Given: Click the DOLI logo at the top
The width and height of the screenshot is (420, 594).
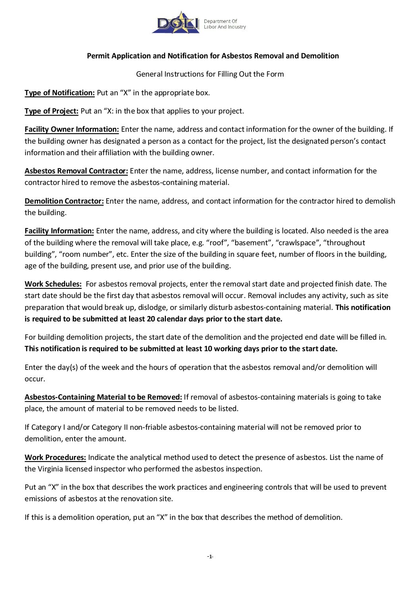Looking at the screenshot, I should pyautogui.click(x=176, y=23).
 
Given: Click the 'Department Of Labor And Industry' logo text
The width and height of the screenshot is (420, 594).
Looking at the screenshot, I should pyautogui.click(x=225, y=24).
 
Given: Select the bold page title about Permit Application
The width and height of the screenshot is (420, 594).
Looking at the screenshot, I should pyautogui.click(x=213, y=56).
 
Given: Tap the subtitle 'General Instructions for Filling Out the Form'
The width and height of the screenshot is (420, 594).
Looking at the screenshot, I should pyautogui.click(x=210, y=74).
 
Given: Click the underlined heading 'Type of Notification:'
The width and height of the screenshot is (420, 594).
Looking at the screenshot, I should pyautogui.click(x=60, y=93).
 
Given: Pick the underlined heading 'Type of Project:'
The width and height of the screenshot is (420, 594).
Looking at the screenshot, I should pyautogui.click(x=52, y=111).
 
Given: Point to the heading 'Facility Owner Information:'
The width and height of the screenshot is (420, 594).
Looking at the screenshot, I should pyautogui.click(x=72, y=129).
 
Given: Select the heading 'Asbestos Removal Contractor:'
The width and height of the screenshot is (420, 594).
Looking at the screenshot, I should pyautogui.click(x=76, y=171).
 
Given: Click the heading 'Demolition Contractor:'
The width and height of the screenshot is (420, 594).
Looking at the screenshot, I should pyautogui.click(x=64, y=201).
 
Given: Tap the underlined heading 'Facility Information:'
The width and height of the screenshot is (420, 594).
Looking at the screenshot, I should pyautogui.click(x=59, y=231).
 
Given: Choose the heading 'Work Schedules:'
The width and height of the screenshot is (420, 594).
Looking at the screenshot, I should pyautogui.click(x=53, y=284).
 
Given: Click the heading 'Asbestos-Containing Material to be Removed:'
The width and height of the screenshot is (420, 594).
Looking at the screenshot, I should pyautogui.click(x=103, y=397).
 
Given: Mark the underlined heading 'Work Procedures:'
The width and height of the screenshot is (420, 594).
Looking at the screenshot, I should pyautogui.click(x=55, y=458).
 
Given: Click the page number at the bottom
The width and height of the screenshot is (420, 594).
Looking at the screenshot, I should pyautogui.click(x=210, y=557).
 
